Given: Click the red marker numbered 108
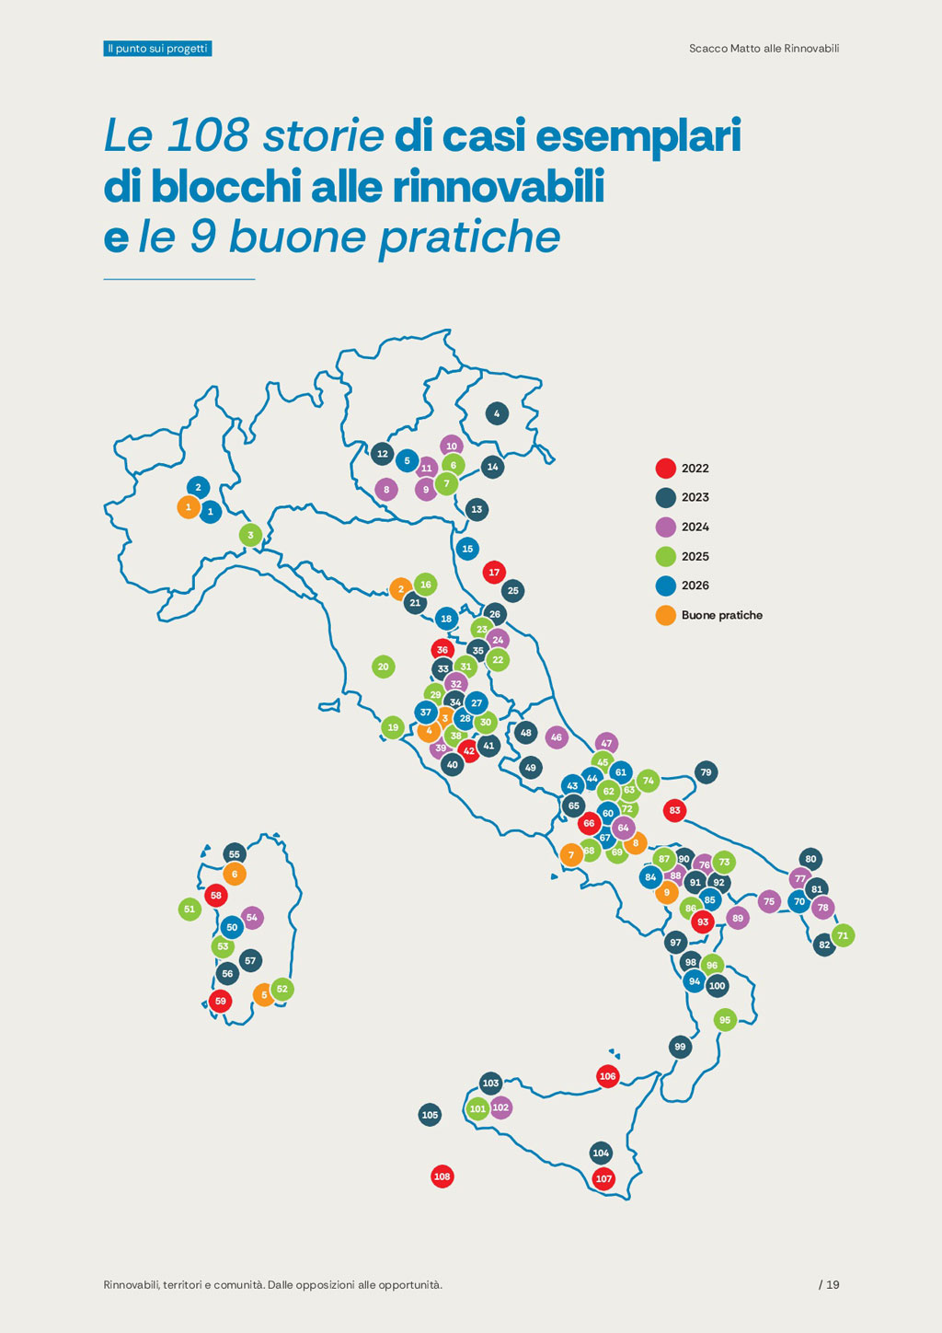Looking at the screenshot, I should click(x=442, y=1177).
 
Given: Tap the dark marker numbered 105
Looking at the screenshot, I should click(x=430, y=1115).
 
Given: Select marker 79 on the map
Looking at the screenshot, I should click(x=706, y=772).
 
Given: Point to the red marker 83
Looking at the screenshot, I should click(x=675, y=810).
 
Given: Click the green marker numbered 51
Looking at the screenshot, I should click(x=190, y=909).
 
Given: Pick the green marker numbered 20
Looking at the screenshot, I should click(x=384, y=666).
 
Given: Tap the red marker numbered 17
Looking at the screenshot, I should click(x=494, y=573).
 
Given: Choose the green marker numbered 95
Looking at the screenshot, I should click(x=725, y=1019).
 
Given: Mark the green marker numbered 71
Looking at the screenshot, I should click(x=843, y=935).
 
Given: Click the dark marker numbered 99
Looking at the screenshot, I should click(x=680, y=1047).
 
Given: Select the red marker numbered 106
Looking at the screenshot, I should click(x=607, y=1076).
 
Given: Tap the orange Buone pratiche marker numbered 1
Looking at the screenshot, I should click(x=189, y=507).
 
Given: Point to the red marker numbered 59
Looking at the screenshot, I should click(x=221, y=1001).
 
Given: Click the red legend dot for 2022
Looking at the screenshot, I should click(x=665, y=469).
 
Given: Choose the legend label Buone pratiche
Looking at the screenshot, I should click(x=721, y=615).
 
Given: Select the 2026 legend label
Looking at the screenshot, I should click(x=695, y=585).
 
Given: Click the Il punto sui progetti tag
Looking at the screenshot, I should click(x=157, y=49).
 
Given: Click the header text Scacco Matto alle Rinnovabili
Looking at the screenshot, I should click(x=764, y=49).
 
